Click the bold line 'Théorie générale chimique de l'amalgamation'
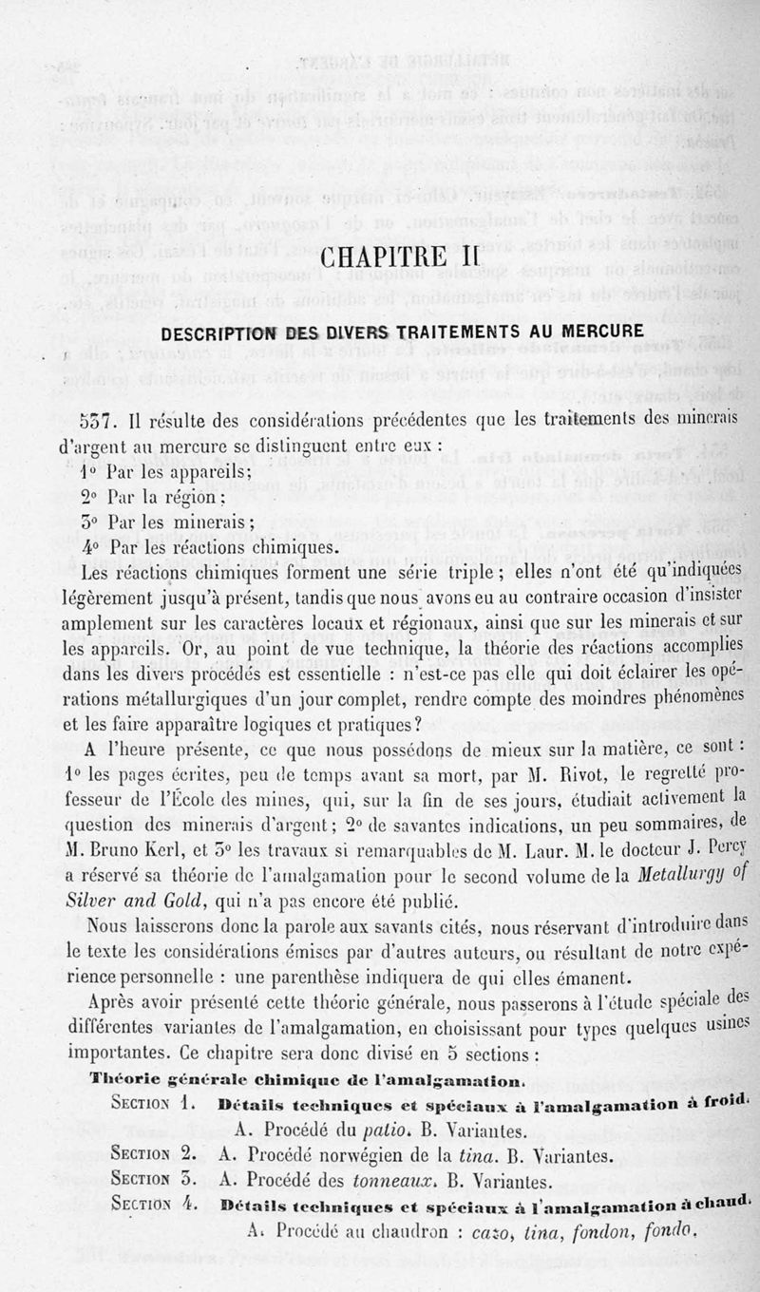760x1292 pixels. [x=308, y=1080]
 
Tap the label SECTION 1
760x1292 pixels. [x=152, y=1104]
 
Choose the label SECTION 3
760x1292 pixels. [x=152, y=1181]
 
